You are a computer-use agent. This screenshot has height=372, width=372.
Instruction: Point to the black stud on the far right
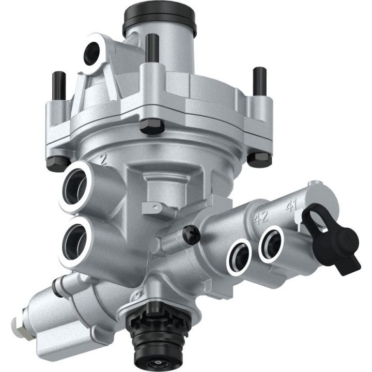258,81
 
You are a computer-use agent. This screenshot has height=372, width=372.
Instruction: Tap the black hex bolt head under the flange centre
153,126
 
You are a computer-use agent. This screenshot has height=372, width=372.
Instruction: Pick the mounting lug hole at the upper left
92,52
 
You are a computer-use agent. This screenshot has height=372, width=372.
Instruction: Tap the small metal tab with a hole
152,207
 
